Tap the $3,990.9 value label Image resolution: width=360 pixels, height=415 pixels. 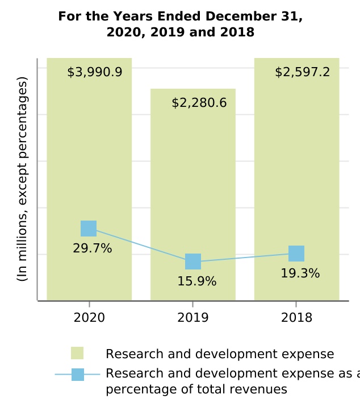(95, 72)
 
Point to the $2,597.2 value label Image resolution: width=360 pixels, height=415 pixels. (302, 72)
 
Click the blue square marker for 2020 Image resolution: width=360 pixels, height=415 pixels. (89, 229)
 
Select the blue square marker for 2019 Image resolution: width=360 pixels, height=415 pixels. (193, 262)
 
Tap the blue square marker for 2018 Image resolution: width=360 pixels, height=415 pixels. (296, 254)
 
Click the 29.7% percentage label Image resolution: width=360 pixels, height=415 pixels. (92, 248)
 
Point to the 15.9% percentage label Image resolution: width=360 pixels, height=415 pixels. (196, 281)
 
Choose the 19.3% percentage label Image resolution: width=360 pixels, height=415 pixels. (300, 273)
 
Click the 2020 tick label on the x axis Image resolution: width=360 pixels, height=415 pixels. (89, 318)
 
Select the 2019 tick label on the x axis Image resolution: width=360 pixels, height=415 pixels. (193, 318)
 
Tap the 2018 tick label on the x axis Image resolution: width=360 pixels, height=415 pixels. (296, 318)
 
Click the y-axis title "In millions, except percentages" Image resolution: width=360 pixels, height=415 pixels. (22, 179)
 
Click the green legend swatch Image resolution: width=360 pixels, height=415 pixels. (77, 353)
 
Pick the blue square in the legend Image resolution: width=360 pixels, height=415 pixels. (78, 375)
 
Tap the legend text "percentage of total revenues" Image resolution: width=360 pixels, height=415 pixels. (196, 390)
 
